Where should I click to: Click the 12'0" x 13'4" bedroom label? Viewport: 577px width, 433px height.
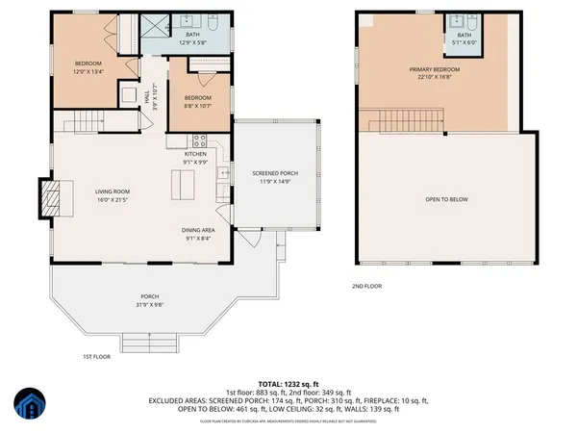tap(88, 66)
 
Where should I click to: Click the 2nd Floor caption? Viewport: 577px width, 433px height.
tap(366, 286)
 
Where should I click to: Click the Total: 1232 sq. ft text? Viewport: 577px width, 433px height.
tap(288, 383)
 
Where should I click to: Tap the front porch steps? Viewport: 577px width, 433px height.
tap(148, 341)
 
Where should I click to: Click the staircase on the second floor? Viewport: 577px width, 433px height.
tap(405, 120)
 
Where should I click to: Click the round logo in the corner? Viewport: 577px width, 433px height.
tap(30, 406)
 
